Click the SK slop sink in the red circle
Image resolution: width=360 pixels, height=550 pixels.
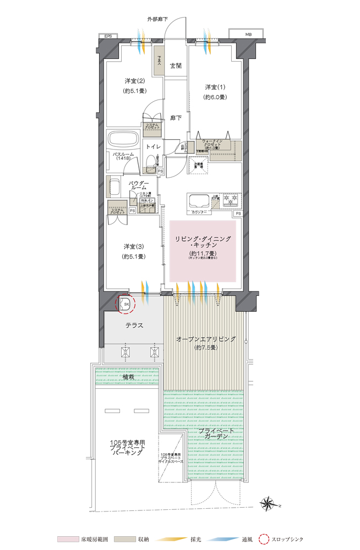tap(126, 304)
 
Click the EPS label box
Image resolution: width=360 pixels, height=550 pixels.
tap(108, 36)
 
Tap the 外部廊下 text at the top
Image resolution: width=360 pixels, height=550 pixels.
tap(157, 20)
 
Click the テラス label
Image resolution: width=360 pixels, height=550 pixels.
tap(133, 326)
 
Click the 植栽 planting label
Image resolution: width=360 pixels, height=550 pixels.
tap(129, 377)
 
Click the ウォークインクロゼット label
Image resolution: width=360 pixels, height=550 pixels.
tap(212, 144)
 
